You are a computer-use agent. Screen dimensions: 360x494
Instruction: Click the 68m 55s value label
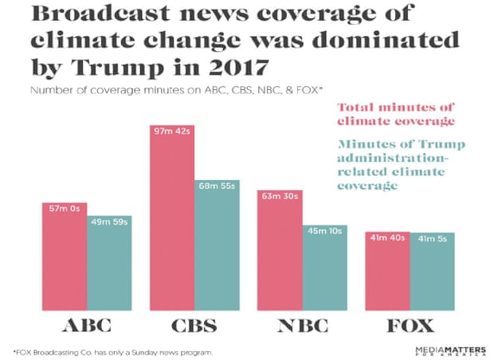click(217, 186)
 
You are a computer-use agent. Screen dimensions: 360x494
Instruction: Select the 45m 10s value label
click(324, 231)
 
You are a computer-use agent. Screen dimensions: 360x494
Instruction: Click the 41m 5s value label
click(432, 238)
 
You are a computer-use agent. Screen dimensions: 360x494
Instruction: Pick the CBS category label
click(194, 327)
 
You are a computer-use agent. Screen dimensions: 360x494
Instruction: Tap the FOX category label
click(410, 327)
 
